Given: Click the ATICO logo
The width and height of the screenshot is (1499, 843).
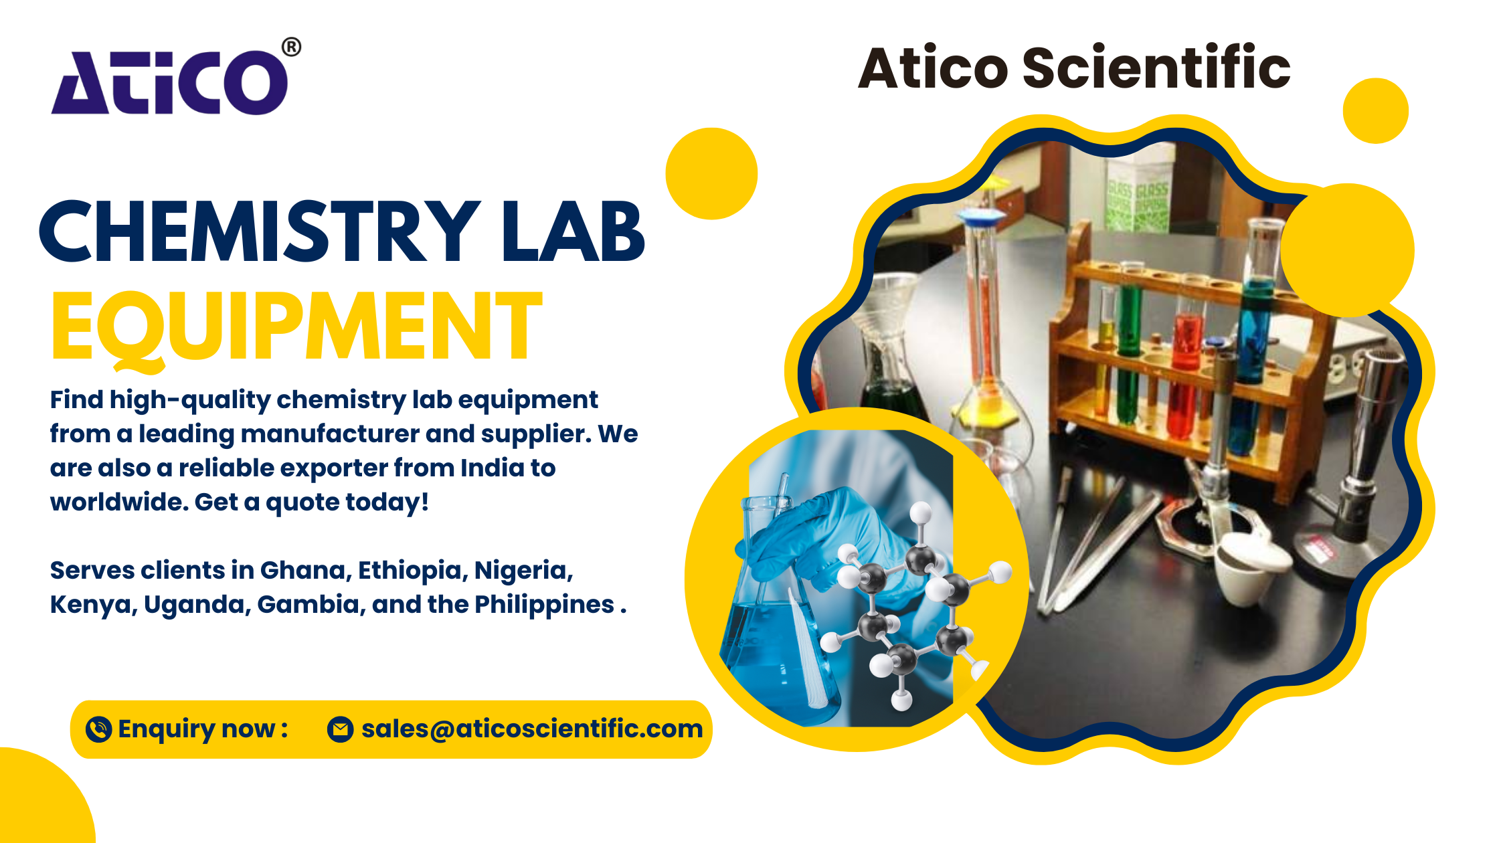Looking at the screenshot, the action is point(171,82).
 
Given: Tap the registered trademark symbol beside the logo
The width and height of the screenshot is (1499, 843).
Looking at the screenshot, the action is point(291,48).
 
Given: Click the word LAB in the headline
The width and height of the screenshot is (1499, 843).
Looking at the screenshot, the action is point(574,231).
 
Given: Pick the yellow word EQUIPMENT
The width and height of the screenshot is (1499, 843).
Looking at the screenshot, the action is point(296,328).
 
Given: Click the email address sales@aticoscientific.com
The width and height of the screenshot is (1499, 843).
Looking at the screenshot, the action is point(532,729).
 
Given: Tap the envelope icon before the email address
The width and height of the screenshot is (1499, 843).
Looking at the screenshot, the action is point(340,729).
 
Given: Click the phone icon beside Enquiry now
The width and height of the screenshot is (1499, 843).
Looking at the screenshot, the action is point(99,729).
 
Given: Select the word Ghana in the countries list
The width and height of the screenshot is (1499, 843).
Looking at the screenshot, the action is point(304,570).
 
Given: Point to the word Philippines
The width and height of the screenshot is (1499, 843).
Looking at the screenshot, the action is point(545,605).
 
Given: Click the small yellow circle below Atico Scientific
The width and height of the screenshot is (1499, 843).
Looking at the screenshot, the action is point(1375,111).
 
